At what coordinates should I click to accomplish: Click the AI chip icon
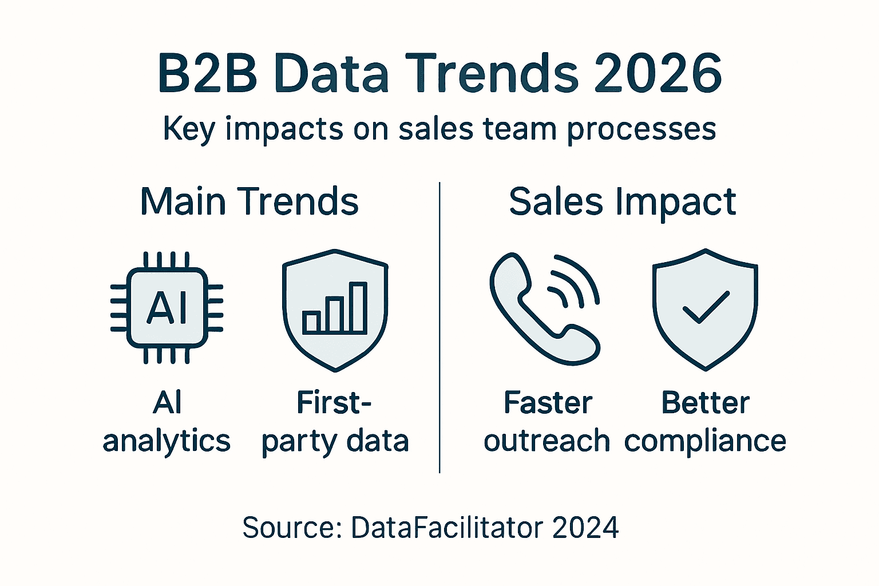pyautogui.click(x=167, y=308)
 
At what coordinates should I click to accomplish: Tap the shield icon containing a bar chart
pyautogui.click(x=335, y=310)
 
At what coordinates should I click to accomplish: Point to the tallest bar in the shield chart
pyautogui.click(x=358, y=307)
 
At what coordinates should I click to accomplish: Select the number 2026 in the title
pyautogui.click(x=658, y=74)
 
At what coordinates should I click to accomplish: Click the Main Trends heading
pyautogui.click(x=249, y=202)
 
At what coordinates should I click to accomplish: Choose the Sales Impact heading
pyautogui.click(x=622, y=202)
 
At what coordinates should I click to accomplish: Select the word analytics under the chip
pyautogui.click(x=167, y=442)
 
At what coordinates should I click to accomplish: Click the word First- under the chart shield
pyautogui.click(x=334, y=403)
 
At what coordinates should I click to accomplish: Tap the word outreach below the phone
pyautogui.click(x=547, y=441)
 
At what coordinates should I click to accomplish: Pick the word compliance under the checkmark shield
pyautogui.click(x=705, y=442)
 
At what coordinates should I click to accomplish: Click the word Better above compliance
pyautogui.click(x=705, y=403)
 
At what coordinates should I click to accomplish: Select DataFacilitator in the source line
pyautogui.click(x=446, y=527)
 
